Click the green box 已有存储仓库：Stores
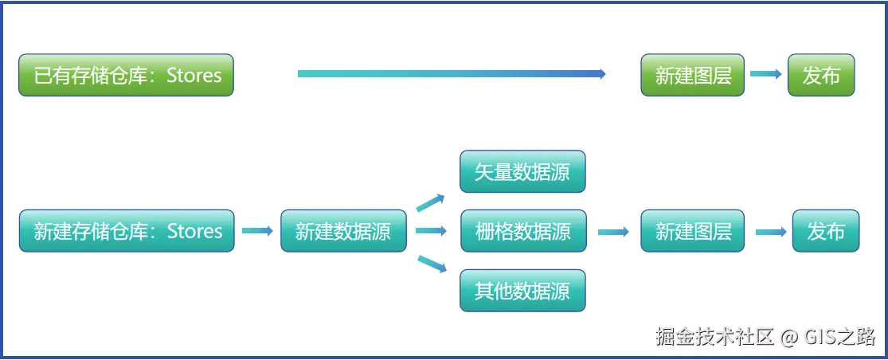[x=126, y=76]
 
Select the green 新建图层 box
[x=692, y=76]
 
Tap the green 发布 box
[x=821, y=76]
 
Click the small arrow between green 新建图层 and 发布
[x=766, y=74]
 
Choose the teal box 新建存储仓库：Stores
[x=127, y=231]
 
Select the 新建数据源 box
[x=343, y=231]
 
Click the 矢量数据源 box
[x=522, y=172]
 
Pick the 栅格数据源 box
[x=522, y=231]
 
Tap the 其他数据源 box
[x=522, y=291]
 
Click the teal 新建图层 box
[x=692, y=231]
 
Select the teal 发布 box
[x=826, y=231]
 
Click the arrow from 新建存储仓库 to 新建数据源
[x=257, y=231]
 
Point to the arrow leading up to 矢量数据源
[x=431, y=202]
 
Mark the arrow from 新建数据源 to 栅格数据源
[x=431, y=231]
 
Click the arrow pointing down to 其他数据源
[x=431, y=264]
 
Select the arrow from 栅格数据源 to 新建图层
[x=613, y=232]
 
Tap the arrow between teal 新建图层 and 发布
[x=771, y=232]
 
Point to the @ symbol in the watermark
[x=788, y=337]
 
